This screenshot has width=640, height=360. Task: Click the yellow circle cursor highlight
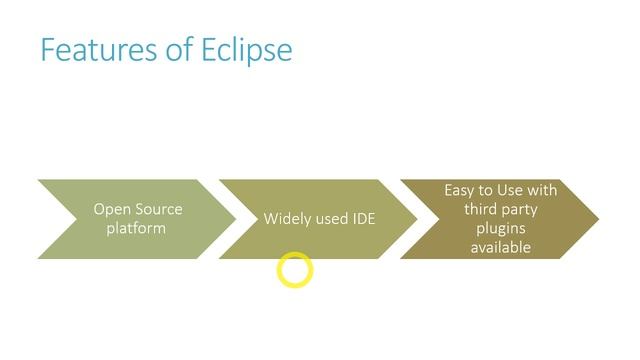pyautogui.click(x=295, y=270)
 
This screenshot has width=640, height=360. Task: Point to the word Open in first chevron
pyautogui.click(x=113, y=209)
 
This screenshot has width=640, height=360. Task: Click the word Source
pyautogui.click(x=159, y=209)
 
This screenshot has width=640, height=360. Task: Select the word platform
pyautogui.click(x=137, y=228)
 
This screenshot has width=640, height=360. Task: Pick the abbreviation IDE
pyautogui.click(x=364, y=218)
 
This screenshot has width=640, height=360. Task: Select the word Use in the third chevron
pyautogui.click(x=510, y=189)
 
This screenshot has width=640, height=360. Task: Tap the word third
pyautogui.click(x=481, y=209)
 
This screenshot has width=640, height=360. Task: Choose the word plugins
pyautogui.click(x=500, y=228)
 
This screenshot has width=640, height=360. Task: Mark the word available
pyautogui.click(x=500, y=247)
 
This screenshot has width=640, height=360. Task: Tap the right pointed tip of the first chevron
pyautogui.click(x=235, y=219)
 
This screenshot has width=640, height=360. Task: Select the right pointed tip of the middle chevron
pyautogui.click(x=416, y=219)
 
